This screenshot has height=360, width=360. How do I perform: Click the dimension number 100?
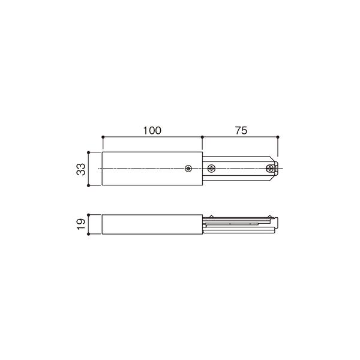coord(152,130)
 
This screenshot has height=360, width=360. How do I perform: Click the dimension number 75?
coord(241,130)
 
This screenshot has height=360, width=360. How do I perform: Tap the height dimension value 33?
coord(81,169)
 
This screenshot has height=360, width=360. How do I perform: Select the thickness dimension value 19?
coord(81,224)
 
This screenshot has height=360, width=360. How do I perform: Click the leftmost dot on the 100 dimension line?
coord(103,137)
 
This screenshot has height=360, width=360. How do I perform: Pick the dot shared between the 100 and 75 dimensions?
coord(202,137)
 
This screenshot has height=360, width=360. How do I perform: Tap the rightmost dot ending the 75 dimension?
coord(278,137)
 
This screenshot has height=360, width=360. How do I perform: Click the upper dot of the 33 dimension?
coord(89,152)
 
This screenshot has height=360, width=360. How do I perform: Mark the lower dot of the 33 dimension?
coord(89,185)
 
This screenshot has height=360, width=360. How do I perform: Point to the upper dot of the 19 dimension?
coord(89,215)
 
